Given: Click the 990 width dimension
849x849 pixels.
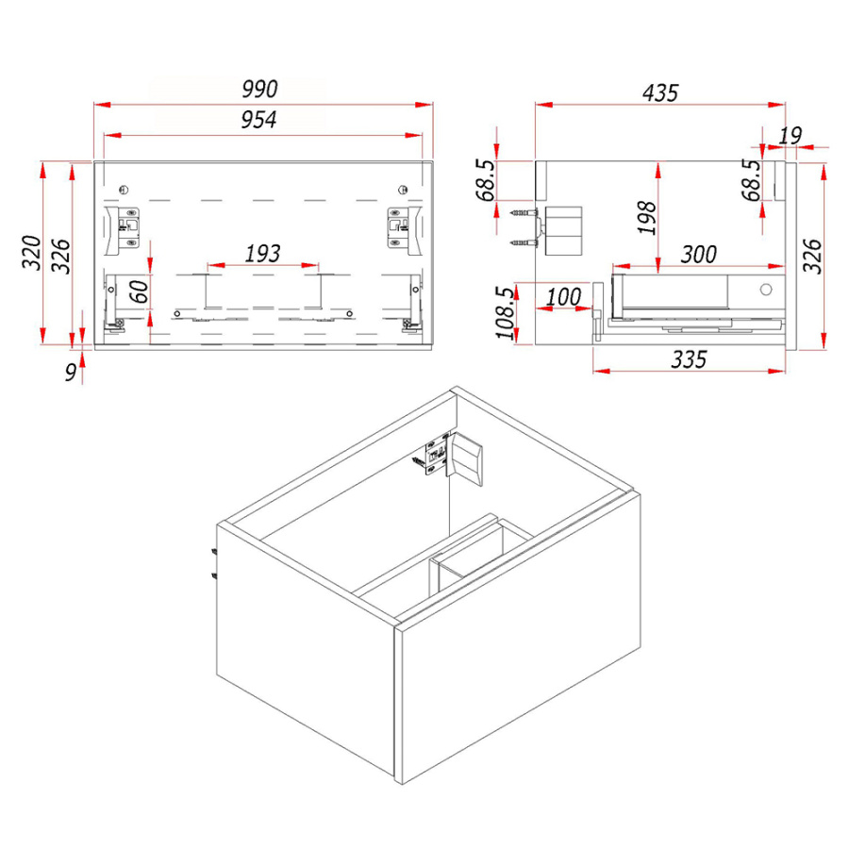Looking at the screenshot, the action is pyautogui.click(x=259, y=90).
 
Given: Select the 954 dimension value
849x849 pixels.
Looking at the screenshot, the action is pyautogui.click(x=258, y=120).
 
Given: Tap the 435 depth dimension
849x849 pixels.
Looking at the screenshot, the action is pyautogui.click(x=660, y=93).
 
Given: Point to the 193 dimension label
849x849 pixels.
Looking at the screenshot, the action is pyautogui.click(x=262, y=254).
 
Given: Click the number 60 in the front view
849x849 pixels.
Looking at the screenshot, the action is pyautogui.click(x=140, y=291).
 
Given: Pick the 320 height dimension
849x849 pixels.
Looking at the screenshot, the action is pyautogui.click(x=31, y=252).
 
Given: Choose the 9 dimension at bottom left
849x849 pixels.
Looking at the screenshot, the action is pyautogui.click(x=71, y=373).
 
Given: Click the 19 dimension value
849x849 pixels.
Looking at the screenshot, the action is pyautogui.click(x=790, y=135).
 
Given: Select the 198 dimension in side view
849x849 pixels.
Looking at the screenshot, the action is pyautogui.click(x=647, y=218).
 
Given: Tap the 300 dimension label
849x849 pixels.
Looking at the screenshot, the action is pyautogui.click(x=698, y=255).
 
